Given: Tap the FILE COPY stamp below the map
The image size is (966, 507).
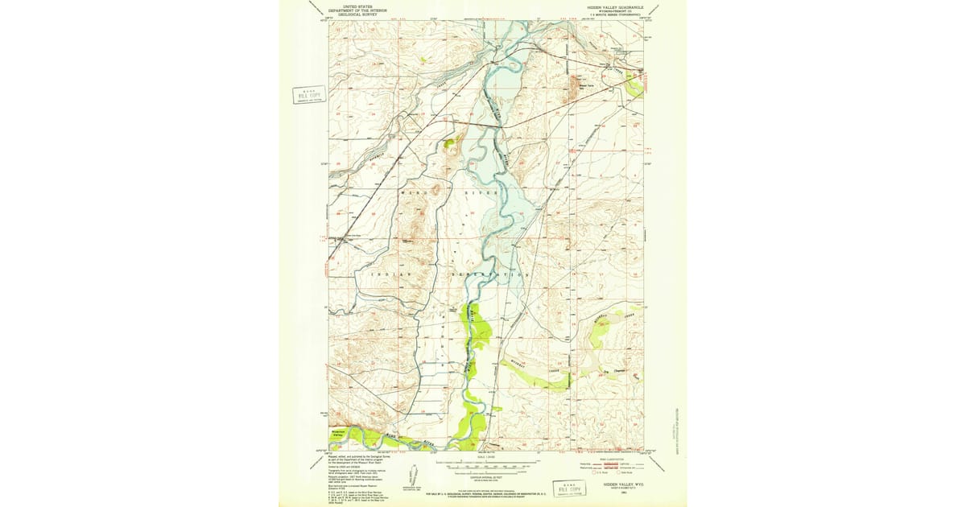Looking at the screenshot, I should [x=575, y=486].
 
